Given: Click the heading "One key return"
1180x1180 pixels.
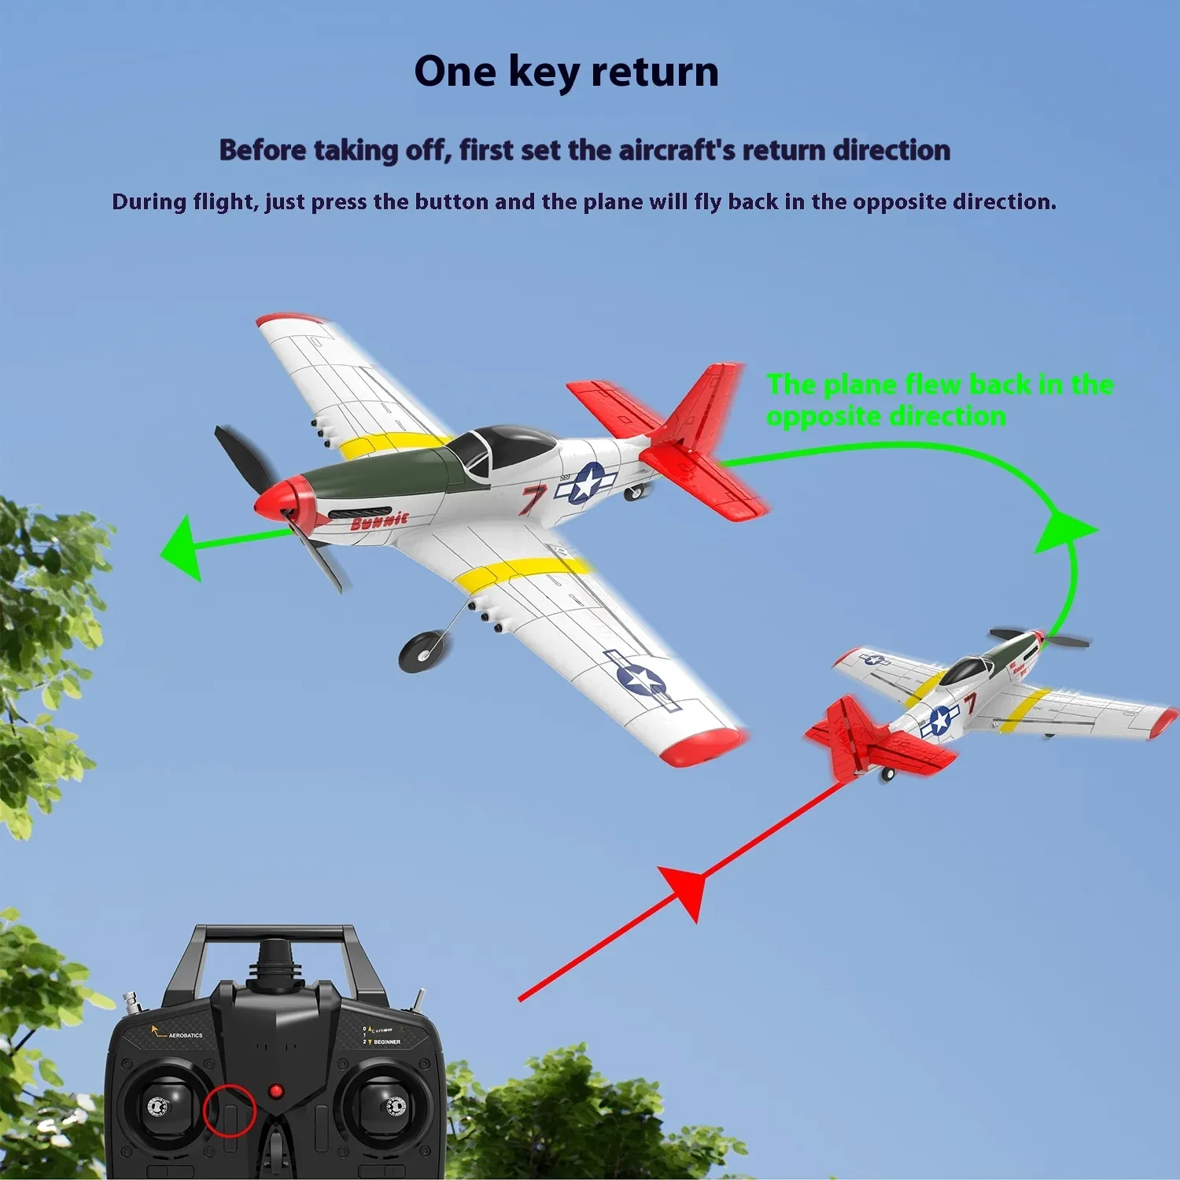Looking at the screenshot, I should click(x=566, y=72).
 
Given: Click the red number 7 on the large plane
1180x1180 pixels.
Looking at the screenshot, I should click(x=533, y=499).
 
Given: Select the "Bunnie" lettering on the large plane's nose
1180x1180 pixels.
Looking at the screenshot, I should click(x=379, y=521).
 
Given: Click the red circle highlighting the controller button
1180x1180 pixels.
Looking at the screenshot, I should click(x=230, y=1111).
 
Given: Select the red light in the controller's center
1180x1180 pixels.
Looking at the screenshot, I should click(x=276, y=1091).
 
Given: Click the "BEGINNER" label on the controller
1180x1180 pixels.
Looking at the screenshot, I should click(x=387, y=1042).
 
